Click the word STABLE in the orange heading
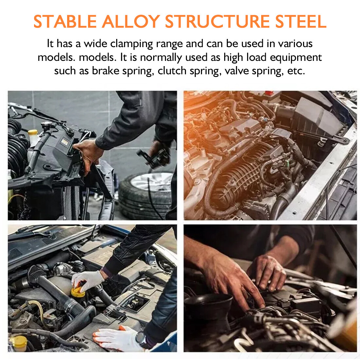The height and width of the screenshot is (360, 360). (65, 22)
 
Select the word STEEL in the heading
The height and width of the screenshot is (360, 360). (301, 22)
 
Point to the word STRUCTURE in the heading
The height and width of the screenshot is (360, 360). (217, 22)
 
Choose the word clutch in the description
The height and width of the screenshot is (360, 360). (172, 71)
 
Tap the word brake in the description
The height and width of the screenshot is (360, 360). (106, 71)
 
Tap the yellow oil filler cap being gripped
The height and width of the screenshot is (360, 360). (78, 292)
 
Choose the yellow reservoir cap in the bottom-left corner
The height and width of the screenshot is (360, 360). (19, 343)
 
